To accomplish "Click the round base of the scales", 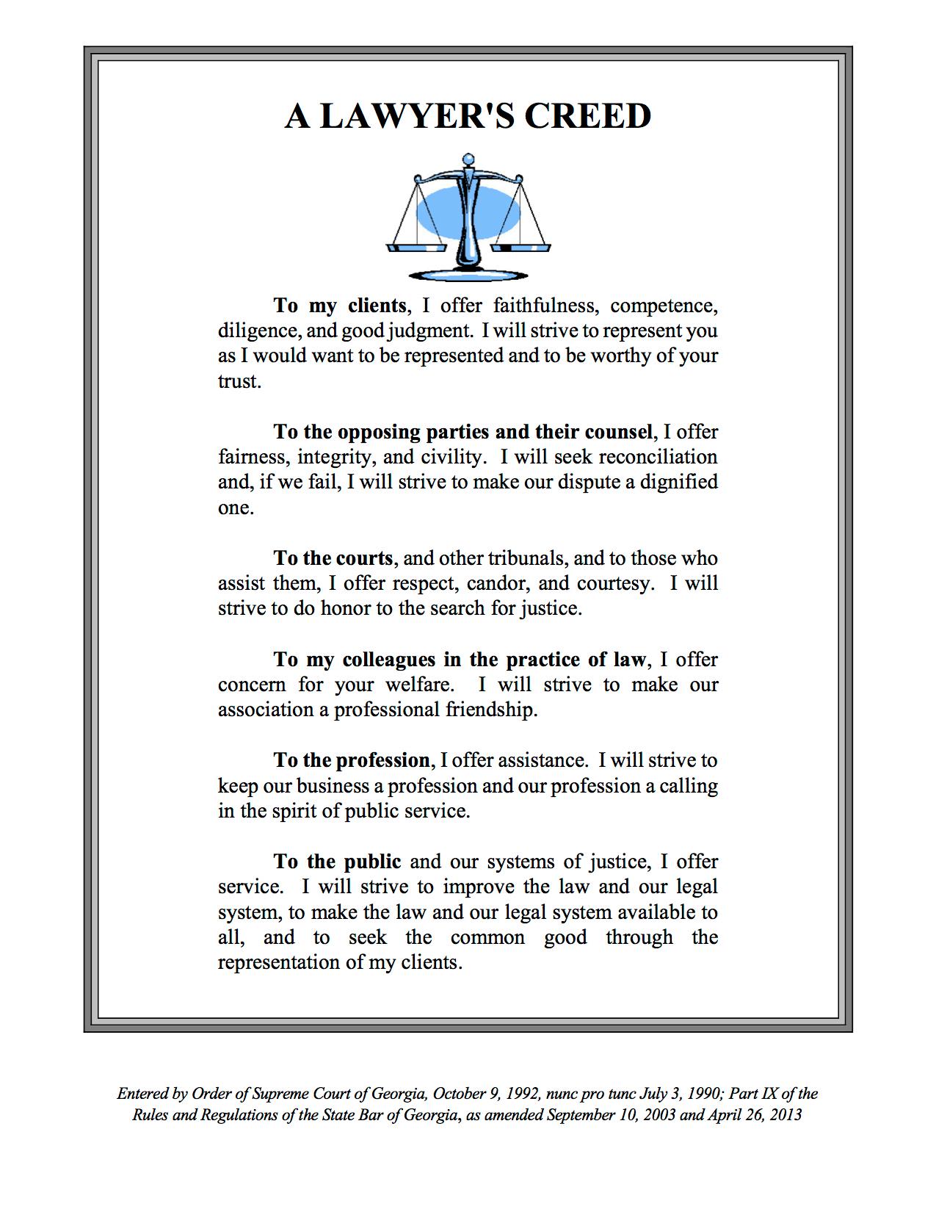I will [x=468, y=275].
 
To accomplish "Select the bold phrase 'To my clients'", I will [x=340, y=305].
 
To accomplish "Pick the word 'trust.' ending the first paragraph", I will [x=239, y=381].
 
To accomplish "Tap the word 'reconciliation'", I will [x=658, y=457].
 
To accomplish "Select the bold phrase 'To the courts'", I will [x=333, y=558].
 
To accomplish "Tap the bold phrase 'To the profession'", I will [x=352, y=760].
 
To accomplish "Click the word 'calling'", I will [x=688, y=786].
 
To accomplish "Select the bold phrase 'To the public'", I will [x=337, y=862].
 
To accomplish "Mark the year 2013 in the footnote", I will [x=786, y=1115].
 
